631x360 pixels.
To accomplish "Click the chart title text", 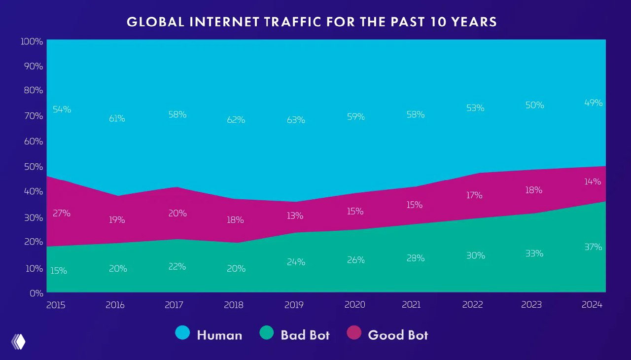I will click(x=312, y=22).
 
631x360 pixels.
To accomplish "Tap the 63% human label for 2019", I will click(x=296, y=120).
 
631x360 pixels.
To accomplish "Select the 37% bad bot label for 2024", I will click(x=593, y=247).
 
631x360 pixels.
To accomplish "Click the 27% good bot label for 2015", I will click(x=62, y=214).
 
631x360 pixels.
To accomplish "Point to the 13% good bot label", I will click(x=294, y=216).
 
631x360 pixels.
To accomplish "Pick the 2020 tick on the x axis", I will click(x=354, y=305).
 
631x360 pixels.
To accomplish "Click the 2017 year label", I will click(x=174, y=305).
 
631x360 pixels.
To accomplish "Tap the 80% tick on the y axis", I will click(x=33, y=91).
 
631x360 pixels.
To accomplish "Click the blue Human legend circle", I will click(x=182, y=333).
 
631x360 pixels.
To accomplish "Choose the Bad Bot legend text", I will click(x=305, y=335).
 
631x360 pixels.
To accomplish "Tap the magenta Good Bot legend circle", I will click(x=353, y=333).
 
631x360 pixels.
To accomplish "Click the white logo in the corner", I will click(x=18, y=341).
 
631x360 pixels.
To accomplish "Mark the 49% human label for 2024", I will click(x=594, y=103).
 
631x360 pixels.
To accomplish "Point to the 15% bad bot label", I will click(x=59, y=271).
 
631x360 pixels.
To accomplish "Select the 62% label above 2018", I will click(x=236, y=120).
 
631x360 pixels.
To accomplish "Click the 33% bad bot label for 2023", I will click(x=534, y=253).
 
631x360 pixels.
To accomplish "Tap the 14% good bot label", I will click(x=593, y=181).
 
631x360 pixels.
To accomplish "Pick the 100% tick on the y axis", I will click(x=32, y=41).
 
